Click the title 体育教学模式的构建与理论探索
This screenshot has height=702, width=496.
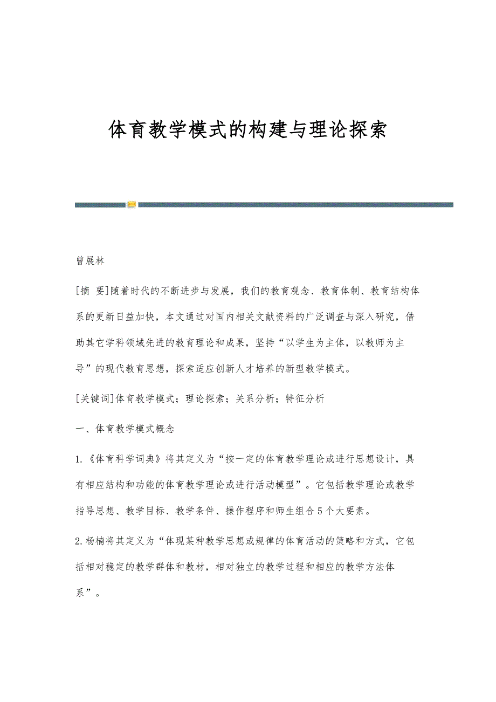click(x=247, y=130)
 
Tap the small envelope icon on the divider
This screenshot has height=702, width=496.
click(x=132, y=204)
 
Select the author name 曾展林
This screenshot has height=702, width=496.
click(x=89, y=261)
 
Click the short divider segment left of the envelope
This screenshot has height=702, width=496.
click(x=101, y=204)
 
